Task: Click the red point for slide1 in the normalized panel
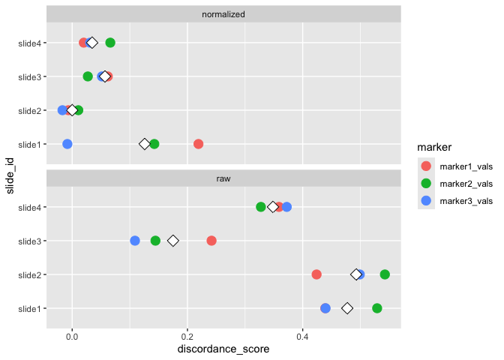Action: point(198,144)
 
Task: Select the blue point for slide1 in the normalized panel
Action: point(67,144)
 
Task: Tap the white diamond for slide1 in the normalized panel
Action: point(145,144)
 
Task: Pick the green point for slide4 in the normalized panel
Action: point(110,43)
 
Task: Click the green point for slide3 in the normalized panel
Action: point(88,76)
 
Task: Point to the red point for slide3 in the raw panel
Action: point(211,241)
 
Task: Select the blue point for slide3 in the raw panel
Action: point(135,241)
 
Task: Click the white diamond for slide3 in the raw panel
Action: point(173,241)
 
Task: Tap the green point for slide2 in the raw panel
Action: point(385,274)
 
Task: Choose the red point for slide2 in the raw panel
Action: point(316,274)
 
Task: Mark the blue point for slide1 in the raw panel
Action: point(325,308)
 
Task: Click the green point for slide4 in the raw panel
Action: point(261,207)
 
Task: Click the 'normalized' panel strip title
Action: point(223,14)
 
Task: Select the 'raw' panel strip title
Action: point(223,178)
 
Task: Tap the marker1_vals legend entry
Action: point(454,166)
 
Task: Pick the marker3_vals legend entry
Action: point(454,200)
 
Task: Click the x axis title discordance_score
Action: point(223,349)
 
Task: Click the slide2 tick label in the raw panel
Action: point(28,274)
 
